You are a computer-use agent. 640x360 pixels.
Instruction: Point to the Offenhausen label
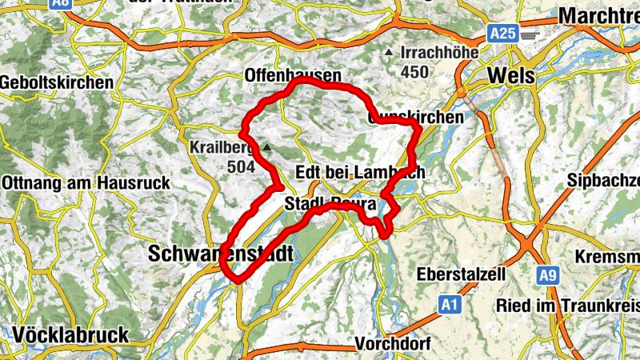(292, 75)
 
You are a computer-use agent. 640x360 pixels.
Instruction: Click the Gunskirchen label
(415, 117)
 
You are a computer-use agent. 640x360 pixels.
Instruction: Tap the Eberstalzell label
(462, 274)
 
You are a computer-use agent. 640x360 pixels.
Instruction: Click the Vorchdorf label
(393, 343)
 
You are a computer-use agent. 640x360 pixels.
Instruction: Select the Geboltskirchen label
(57, 82)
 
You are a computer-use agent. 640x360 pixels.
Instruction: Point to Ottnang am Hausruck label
(86, 182)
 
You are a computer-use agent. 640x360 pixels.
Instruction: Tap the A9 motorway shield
(547, 276)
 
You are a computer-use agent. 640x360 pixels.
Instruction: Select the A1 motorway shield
(450, 305)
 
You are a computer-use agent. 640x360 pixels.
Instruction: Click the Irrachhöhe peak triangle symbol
(389, 53)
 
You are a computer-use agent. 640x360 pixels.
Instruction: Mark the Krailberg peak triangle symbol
(267, 147)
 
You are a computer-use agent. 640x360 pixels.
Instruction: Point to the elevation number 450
(415, 72)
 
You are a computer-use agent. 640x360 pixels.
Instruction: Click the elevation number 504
(239, 166)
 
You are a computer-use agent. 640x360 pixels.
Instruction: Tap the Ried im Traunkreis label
(567, 305)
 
